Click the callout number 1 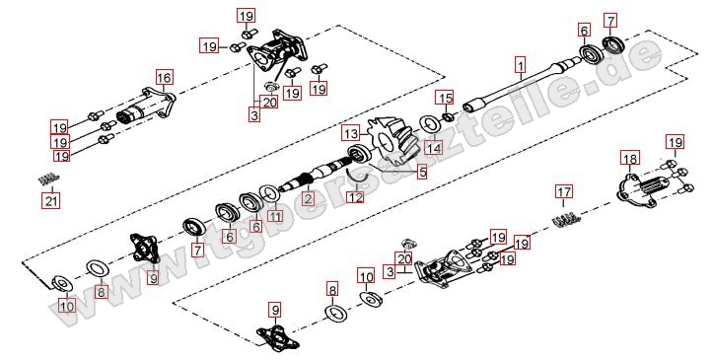click(521, 65)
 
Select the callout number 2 click(309, 198)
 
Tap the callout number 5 click(422, 172)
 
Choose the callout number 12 click(355, 198)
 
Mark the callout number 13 click(350, 134)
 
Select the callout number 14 click(433, 148)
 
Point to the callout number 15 click(446, 98)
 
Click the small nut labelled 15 click(448, 117)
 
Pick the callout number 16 click(164, 78)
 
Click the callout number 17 click(563, 191)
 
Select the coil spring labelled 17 click(566, 219)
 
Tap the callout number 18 click(630, 159)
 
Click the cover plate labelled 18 click(642, 191)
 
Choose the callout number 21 click(51, 200)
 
